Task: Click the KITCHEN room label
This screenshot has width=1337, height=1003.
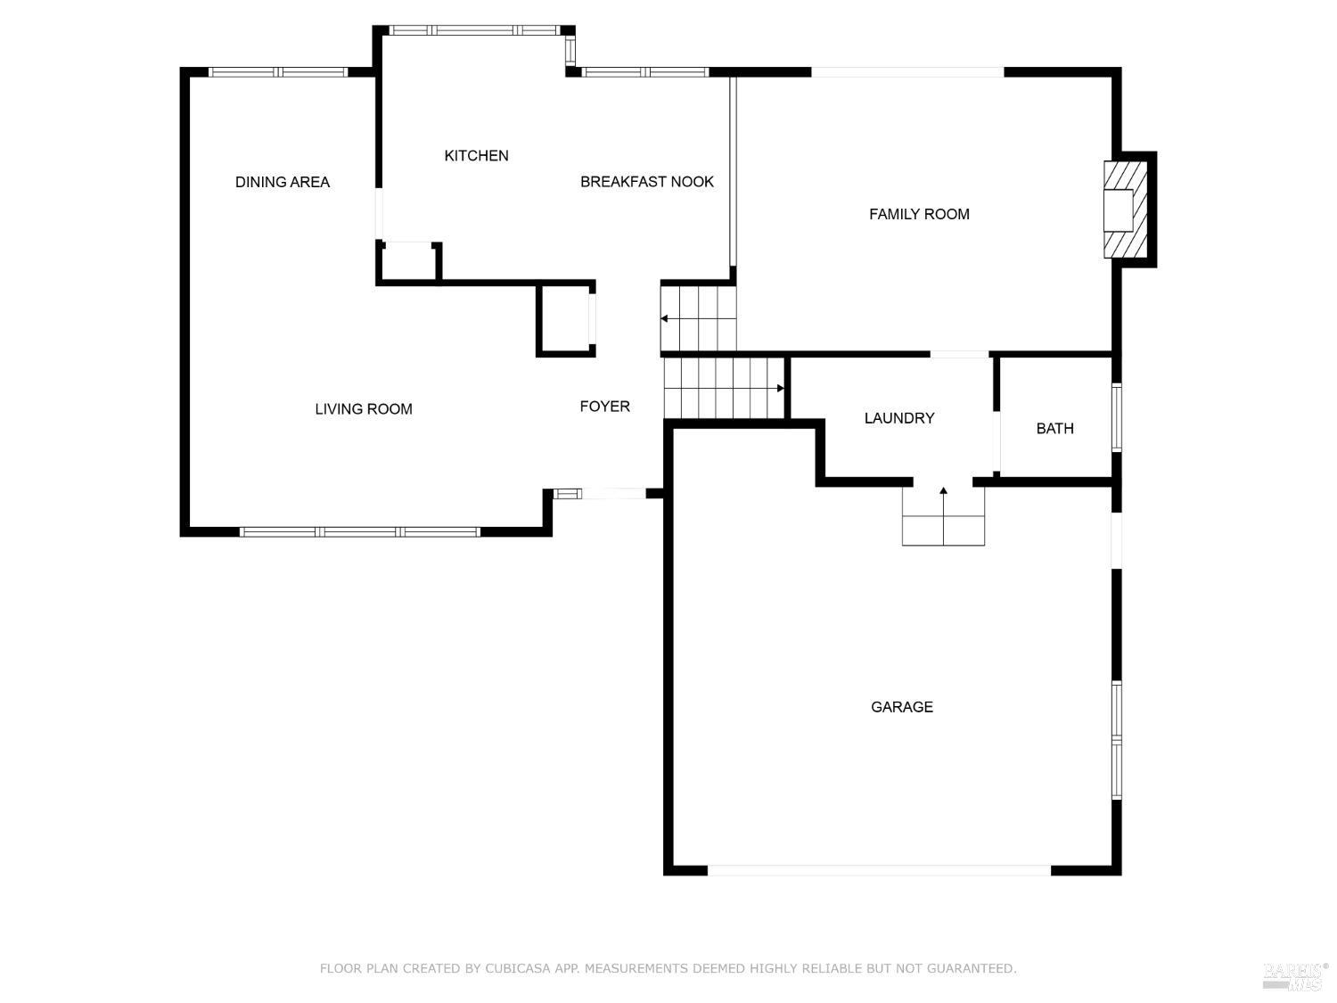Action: click(476, 156)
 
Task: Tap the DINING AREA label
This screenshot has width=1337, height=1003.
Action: click(282, 182)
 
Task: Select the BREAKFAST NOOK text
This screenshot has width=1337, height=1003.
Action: click(646, 182)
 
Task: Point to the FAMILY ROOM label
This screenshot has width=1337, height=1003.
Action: click(919, 214)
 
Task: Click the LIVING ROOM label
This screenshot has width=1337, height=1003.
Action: click(363, 409)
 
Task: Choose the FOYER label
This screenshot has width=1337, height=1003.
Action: click(604, 407)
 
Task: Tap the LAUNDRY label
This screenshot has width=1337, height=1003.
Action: click(899, 418)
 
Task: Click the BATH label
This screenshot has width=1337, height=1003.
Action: click(1054, 429)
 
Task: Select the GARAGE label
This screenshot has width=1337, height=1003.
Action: click(901, 707)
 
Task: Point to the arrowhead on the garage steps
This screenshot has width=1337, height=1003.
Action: click(943, 490)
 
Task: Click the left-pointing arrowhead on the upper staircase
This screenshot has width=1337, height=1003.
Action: click(665, 318)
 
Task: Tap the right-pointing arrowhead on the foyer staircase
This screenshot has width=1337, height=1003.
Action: click(780, 389)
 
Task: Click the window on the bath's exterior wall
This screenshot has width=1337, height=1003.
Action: click(1117, 417)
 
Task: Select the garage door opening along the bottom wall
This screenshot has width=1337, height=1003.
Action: click(879, 870)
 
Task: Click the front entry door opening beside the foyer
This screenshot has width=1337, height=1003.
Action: click(613, 494)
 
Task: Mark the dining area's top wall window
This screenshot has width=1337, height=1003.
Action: click(278, 72)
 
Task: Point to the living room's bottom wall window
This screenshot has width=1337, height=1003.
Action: click(360, 532)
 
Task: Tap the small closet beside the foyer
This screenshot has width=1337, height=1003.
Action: click(565, 320)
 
